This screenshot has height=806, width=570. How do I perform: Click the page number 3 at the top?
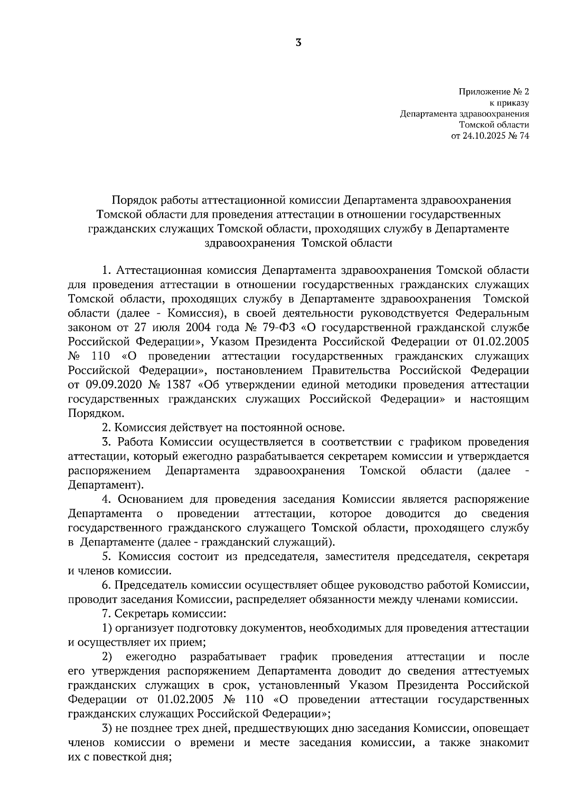pos(298,43)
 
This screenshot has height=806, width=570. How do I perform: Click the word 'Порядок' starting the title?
pos(132,200)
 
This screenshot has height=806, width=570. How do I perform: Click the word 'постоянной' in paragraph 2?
pos(267,428)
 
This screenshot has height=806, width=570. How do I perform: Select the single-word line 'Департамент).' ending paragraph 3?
pos(105,485)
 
